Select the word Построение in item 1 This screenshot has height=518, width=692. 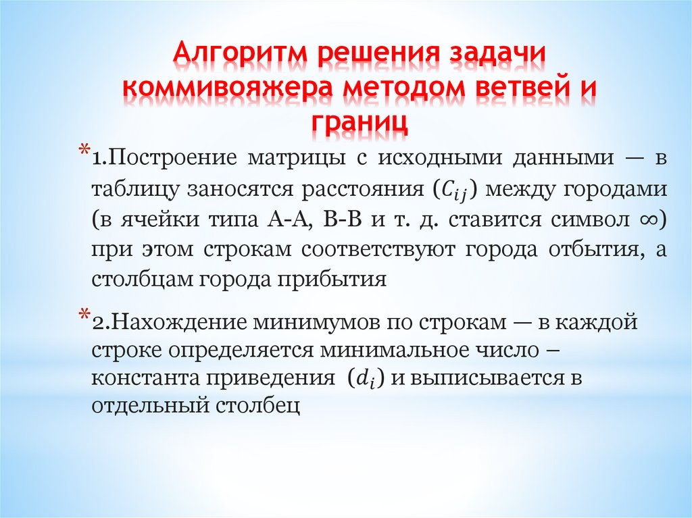click(173, 159)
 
